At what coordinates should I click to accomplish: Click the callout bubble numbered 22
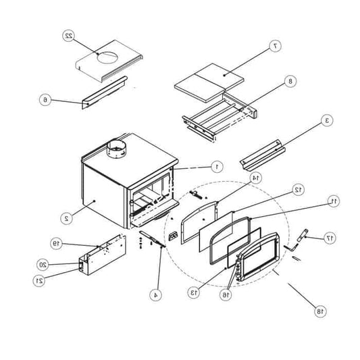point(69,35)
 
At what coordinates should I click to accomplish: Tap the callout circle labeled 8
point(291,82)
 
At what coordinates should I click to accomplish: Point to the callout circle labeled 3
point(327,121)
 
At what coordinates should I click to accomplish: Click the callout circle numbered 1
point(216,165)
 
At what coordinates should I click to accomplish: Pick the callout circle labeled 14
point(255,178)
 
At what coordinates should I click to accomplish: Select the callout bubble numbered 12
point(297,190)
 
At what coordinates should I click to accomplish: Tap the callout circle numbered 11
point(332,201)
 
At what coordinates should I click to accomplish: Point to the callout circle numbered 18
point(319,311)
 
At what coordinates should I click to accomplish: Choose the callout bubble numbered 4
point(157,294)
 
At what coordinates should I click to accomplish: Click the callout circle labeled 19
point(56,242)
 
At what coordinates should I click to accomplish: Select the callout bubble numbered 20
point(42,264)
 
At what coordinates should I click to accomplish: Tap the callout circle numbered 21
point(39,280)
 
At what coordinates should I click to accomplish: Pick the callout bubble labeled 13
point(195,292)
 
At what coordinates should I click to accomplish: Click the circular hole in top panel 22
point(108,59)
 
